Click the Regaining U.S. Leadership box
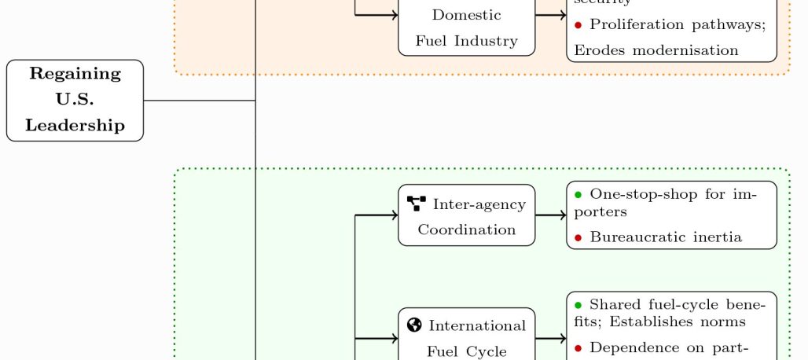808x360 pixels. (x=75, y=100)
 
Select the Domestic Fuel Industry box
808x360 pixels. (x=466, y=28)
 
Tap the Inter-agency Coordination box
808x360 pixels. (x=466, y=215)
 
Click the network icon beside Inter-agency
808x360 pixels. (x=417, y=204)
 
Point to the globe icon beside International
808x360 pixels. (x=415, y=325)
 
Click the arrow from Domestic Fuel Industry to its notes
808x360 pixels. (x=550, y=14)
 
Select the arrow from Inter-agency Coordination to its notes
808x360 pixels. (x=550, y=215)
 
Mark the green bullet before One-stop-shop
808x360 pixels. (x=578, y=194)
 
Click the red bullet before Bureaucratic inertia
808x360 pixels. (x=578, y=237)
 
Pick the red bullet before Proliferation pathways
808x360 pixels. (x=578, y=25)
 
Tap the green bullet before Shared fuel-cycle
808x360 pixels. (x=578, y=304)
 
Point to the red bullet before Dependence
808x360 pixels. (x=578, y=347)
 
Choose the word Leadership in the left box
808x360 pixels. (x=75, y=125)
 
